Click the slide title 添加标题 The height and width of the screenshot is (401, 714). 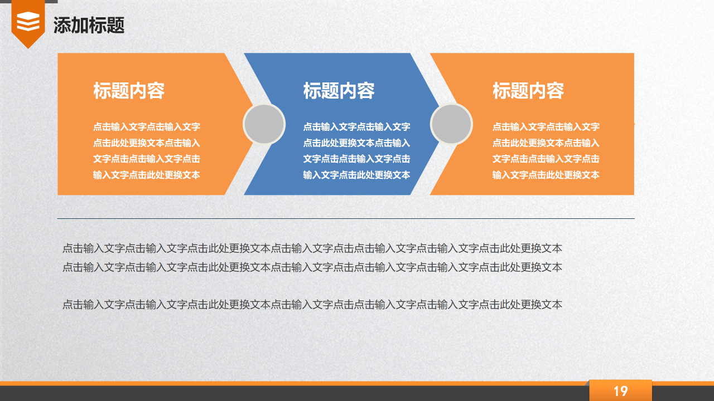(x=89, y=25)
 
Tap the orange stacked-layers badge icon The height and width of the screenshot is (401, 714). (x=28, y=22)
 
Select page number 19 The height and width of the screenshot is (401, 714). (x=620, y=391)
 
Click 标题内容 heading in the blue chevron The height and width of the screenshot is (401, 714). (x=339, y=91)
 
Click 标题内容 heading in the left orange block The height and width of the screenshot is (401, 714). (x=129, y=91)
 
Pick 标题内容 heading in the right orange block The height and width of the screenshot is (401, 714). (x=528, y=91)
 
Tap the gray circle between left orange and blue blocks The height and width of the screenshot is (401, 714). (x=264, y=124)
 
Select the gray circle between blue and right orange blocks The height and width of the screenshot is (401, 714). (x=451, y=124)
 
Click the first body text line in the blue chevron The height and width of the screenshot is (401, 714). (x=356, y=127)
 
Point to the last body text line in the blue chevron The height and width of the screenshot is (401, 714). (x=356, y=175)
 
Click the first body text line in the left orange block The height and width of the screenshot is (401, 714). (x=147, y=127)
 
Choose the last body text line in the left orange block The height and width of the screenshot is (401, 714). (x=147, y=175)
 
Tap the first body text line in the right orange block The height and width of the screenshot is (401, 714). (x=546, y=127)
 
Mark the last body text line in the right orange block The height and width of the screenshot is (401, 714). (x=546, y=175)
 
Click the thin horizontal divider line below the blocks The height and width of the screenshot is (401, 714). (x=346, y=219)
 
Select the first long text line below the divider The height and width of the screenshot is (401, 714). (x=312, y=248)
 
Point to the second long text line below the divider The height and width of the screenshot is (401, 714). (x=312, y=267)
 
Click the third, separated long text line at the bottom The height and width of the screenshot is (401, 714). (x=312, y=305)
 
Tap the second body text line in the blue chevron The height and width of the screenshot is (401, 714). (x=356, y=143)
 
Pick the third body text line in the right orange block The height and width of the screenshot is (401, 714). (x=546, y=159)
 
